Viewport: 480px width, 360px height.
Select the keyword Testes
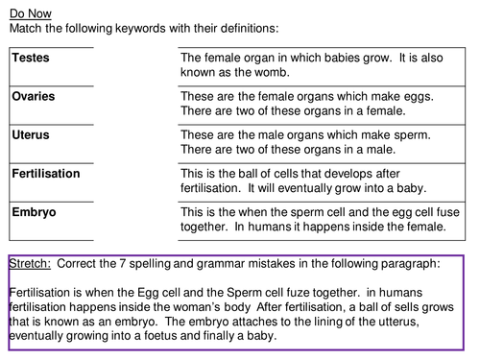point(32,58)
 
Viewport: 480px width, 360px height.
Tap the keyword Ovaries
point(35,96)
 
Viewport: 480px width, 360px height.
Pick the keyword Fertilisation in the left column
point(47,174)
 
